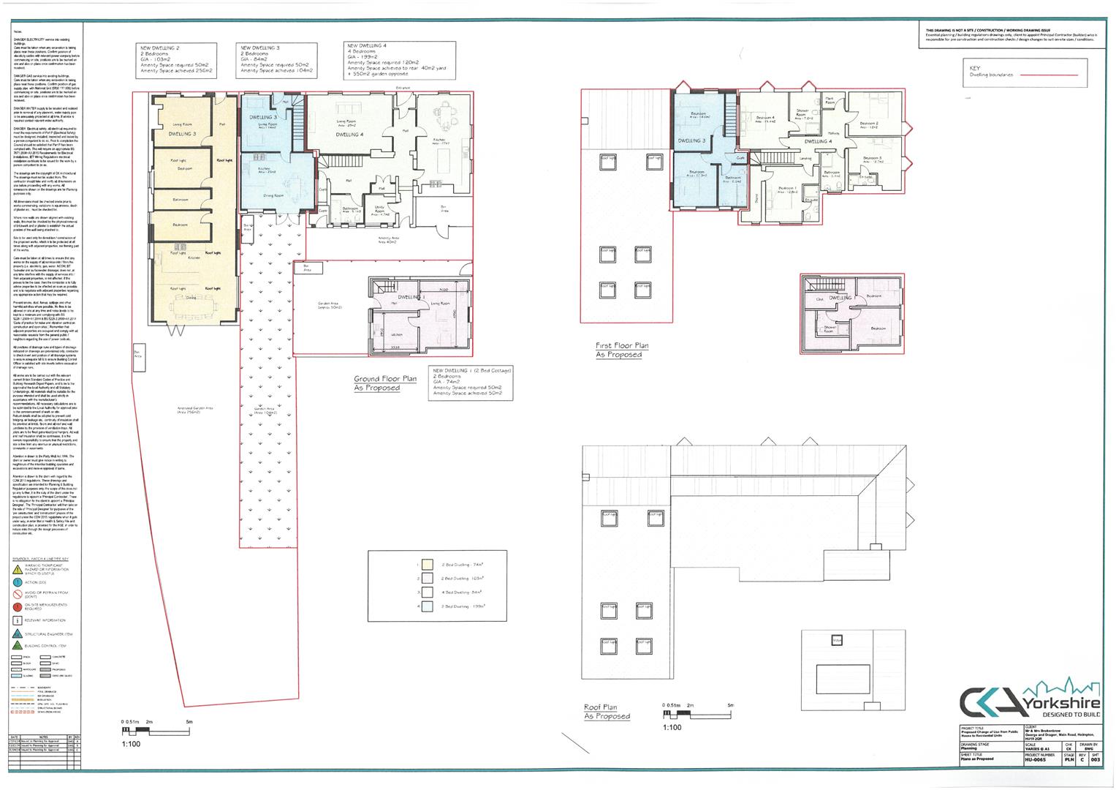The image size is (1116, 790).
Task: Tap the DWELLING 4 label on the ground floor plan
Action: click(x=350, y=135)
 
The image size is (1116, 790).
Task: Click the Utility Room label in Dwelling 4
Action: click(x=379, y=210)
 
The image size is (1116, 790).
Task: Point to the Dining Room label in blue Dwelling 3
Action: click(x=274, y=195)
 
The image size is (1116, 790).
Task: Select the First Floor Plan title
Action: click(x=621, y=346)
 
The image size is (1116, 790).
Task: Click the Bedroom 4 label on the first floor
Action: click(x=764, y=118)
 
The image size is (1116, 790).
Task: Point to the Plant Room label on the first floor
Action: click(x=830, y=101)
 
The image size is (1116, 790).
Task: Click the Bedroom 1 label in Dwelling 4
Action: click(x=786, y=189)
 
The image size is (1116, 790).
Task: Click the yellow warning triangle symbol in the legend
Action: click(x=18, y=568)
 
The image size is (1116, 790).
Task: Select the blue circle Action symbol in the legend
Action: click(x=18, y=582)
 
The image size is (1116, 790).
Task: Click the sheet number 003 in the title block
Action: click(x=1095, y=761)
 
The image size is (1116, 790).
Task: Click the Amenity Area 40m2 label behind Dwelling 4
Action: click(x=387, y=239)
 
